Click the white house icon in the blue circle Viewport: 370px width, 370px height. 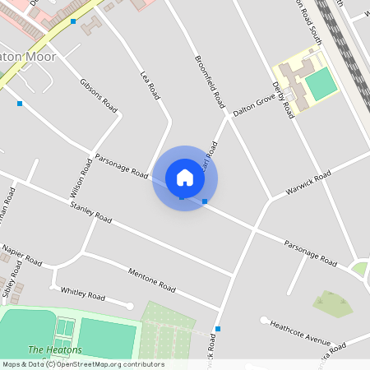tap(185, 178)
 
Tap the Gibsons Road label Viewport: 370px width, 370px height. tap(99, 96)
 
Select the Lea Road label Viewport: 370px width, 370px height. tap(150, 84)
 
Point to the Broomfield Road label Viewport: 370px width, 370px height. tap(210, 82)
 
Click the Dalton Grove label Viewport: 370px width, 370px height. tap(253, 105)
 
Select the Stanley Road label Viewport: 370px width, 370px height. tap(90, 212)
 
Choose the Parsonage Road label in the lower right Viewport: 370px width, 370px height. tap(311, 252)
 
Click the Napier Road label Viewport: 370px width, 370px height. tap(21, 255)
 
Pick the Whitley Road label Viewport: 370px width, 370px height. tap(83, 294)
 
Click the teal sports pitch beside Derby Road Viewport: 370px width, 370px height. tap(322, 84)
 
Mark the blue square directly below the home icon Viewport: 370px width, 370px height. tap(183, 197)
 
